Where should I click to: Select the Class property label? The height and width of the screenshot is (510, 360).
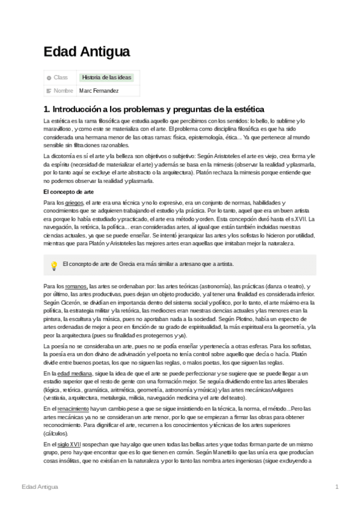click(61, 78)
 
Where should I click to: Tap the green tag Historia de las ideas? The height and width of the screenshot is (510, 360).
click(107, 78)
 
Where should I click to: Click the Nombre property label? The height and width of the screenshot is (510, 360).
click(63, 91)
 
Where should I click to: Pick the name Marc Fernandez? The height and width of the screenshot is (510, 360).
click(99, 91)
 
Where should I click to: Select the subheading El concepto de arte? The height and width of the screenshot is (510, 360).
click(69, 191)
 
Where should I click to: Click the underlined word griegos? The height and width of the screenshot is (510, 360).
click(75, 203)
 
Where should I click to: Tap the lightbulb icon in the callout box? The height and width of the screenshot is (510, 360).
click(53, 265)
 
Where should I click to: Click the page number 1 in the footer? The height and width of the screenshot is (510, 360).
click(337, 486)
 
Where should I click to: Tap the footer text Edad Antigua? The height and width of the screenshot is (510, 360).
click(40, 486)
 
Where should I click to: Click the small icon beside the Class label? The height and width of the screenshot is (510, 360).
click(49, 78)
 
